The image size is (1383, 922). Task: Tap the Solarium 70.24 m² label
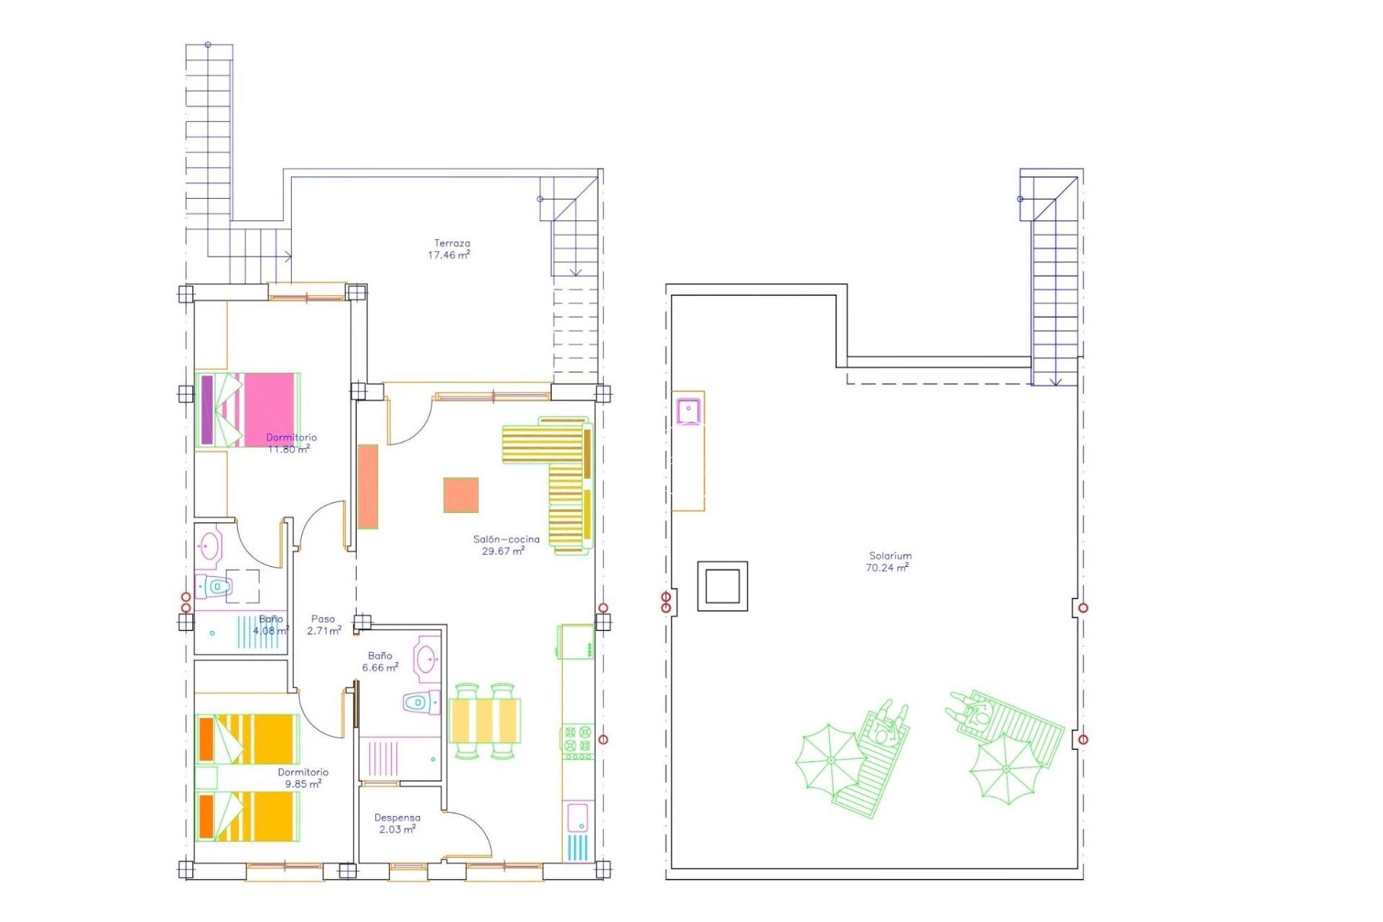tap(888, 562)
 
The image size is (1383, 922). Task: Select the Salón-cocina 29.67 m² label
tap(506, 545)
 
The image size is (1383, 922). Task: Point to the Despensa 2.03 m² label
tap(397, 823)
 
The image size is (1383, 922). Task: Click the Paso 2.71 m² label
tap(323, 625)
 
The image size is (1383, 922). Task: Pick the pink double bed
tap(247, 410)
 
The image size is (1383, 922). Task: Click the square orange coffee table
tap(461, 495)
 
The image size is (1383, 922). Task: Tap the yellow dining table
tap(485, 720)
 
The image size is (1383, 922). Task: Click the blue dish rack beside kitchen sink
tap(578, 848)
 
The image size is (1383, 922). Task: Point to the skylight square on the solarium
tap(722, 586)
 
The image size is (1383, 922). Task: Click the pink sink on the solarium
tap(689, 411)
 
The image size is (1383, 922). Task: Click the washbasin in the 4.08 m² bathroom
tap(210, 546)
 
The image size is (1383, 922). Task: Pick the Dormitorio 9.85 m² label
tap(303, 778)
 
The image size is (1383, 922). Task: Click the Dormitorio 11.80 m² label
tap(290, 443)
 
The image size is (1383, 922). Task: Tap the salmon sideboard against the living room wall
tap(368, 487)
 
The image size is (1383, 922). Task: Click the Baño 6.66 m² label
tap(380, 661)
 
